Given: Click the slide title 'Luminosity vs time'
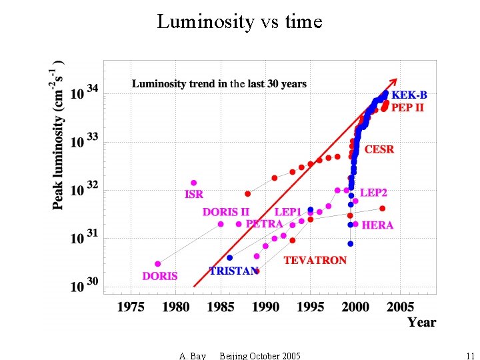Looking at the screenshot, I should (x=239, y=22).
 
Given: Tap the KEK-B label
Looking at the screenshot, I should (x=409, y=95).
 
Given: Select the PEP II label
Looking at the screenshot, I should (x=407, y=107).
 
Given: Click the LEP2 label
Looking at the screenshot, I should (x=373, y=193).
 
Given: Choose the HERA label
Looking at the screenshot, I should (x=377, y=225).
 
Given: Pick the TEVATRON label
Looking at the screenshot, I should (x=315, y=260).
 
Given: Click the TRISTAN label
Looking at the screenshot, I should (x=233, y=271).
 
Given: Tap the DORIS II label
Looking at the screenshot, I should (x=226, y=212).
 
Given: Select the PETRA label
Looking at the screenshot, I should (x=265, y=224).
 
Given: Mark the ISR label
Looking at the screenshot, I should (x=194, y=195).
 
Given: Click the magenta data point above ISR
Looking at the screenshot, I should (x=194, y=183).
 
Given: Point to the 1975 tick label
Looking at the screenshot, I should (x=131, y=307).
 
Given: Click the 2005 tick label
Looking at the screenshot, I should (x=401, y=307).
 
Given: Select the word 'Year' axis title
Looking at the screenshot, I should (x=421, y=323).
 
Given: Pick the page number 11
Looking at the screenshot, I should (x=470, y=355).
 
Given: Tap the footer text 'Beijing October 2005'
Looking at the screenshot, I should (x=259, y=355).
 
